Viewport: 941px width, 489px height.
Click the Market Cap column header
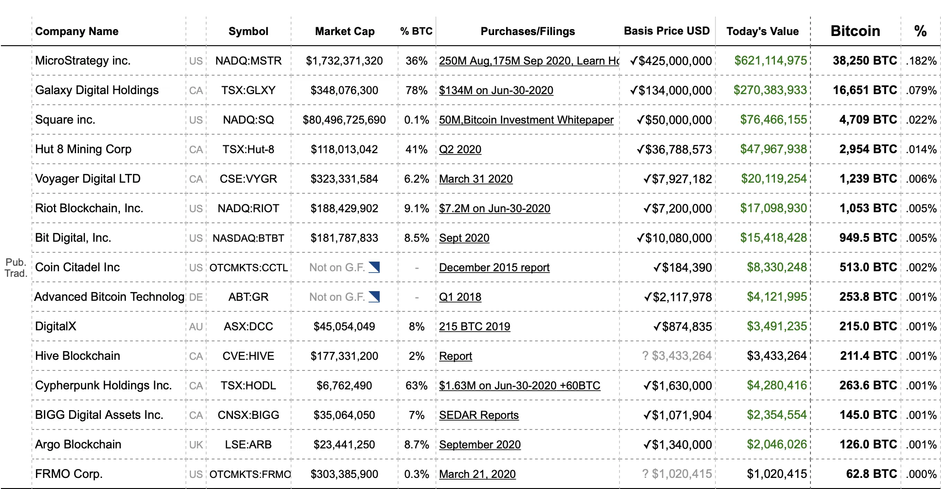pyautogui.click(x=345, y=31)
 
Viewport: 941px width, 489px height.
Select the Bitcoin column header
pyautogui.click(x=855, y=31)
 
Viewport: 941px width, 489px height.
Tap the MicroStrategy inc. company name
pyautogui.click(x=83, y=61)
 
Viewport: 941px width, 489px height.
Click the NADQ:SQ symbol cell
pyautogui.click(x=248, y=120)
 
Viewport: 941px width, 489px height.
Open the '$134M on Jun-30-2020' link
pyautogui.click(x=496, y=90)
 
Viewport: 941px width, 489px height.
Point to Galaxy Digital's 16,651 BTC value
pyautogui.click(x=865, y=90)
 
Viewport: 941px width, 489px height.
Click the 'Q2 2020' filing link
pyautogui.click(x=460, y=149)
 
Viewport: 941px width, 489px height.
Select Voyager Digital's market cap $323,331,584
pyautogui.click(x=344, y=179)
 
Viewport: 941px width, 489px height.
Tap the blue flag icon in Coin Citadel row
pyautogui.click(x=374, y=267)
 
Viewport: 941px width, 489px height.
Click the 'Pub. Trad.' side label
pyautogui.click(x=16, y=268)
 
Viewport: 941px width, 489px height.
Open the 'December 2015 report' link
pyautogui.click(x=494, y=268)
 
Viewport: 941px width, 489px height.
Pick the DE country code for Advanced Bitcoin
pyautogui.click(x=196, y=297)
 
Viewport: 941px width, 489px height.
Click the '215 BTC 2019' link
pyautogui.click(x=474, y=327)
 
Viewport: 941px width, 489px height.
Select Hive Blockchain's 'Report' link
pyautogui.click(x=455, y=356)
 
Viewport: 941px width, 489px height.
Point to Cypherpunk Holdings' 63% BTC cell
pyautogui.click(x=417, y=386)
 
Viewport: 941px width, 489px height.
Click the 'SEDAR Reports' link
pyautogui.click(x=478, y=415)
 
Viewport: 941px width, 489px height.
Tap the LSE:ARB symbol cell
pyautogui.click(x=248, y=445)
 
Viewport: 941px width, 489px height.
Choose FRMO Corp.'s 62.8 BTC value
pyautogui.click(x=871, y=474)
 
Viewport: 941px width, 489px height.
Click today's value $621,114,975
pyautogui.click(x=770, y=61)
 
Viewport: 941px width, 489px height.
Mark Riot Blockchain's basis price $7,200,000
pyautogui.click(x=678, y=209)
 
